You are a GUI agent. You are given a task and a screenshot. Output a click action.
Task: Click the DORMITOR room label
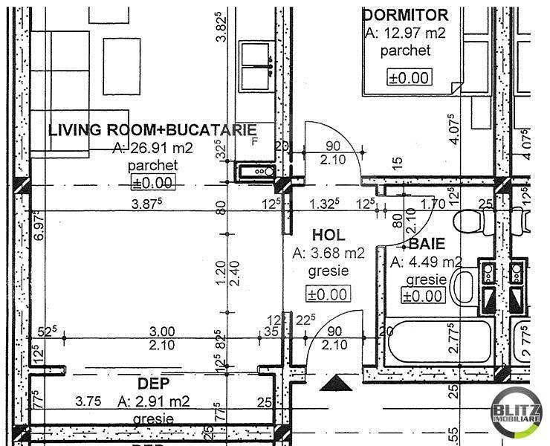coord(405,15)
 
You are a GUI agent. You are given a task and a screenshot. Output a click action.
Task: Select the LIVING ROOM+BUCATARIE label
coord(152,130)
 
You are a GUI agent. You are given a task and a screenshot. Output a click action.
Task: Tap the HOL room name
coord(328,233)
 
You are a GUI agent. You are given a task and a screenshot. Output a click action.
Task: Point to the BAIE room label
coord(427,243)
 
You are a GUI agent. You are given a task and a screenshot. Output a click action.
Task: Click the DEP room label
coord(154,384)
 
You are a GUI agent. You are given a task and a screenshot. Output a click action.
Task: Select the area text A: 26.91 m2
coord(152,148)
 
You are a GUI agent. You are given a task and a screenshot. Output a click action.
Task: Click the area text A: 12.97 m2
coord(404,33)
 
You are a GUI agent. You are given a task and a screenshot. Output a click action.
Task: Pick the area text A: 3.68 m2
coord(329,253)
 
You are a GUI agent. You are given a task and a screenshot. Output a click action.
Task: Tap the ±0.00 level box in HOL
coord(328,294)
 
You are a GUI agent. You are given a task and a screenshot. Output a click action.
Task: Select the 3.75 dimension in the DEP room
coord(88,401)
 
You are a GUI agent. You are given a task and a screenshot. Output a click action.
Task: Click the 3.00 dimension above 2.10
coord(162,331)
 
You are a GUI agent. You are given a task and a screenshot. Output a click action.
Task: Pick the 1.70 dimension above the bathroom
coord(433,201)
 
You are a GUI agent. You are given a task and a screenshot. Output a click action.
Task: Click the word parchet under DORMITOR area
coord(404,51)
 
